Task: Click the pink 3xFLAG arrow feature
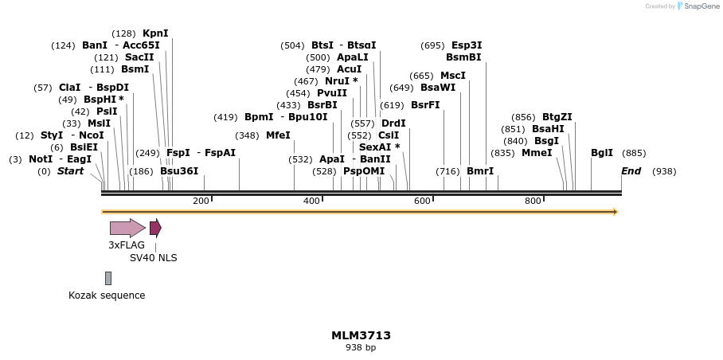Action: click(x=127, y=228)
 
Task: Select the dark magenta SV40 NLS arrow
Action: click(x=155, y=228)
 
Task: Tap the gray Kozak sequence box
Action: click(x=108, y=278)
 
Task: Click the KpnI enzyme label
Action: click(x=155, y=33)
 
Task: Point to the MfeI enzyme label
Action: click(x=278, y=135)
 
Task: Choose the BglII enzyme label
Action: click(x=602, y=153)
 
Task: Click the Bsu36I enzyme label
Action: click(x=179, y=171)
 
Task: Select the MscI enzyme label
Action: click(x=453, y=76)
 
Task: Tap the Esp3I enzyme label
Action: click(x=467, y=45)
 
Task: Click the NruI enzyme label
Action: click(x=338, y=81)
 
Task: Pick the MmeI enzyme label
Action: click(x=537, y=153)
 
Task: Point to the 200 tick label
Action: click(x=201, y=201)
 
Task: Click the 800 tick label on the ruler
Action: click(x=533, y=201)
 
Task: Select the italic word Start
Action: click(x=70, y=171)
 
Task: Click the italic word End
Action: click(x=631, y=171)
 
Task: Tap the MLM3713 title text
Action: click(x=361, y=335)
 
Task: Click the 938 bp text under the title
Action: click(x=361, y=348)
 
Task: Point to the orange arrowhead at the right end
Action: click(x=616, y=212)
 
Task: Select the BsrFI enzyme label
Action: click(x=425, y=105)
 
